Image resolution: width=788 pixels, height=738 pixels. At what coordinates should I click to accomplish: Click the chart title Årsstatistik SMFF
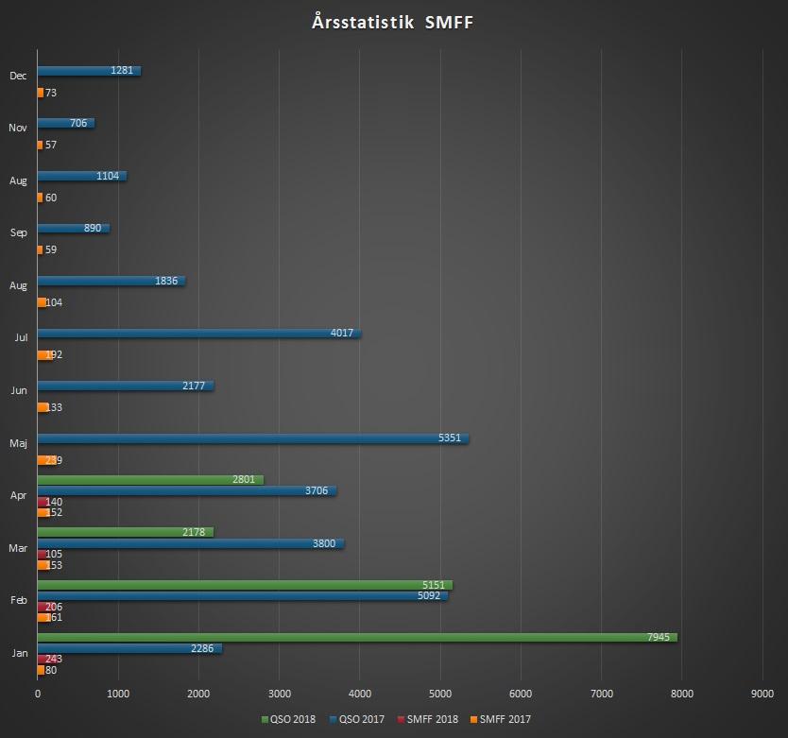(392, 22)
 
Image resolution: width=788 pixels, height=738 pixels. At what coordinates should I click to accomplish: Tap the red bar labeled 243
(43, 660)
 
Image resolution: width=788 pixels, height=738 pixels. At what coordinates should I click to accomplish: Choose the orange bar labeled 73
(41, 93)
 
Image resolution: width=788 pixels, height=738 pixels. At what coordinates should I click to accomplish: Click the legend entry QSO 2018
(289, 719)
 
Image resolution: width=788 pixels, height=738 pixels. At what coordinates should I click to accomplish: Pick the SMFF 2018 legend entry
(430, 719)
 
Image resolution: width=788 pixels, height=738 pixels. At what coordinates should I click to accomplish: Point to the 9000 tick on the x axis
(762, 695)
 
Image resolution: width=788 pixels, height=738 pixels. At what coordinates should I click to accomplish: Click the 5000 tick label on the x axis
(439, 695)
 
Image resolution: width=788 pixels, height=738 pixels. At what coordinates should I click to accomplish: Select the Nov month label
(18, 128)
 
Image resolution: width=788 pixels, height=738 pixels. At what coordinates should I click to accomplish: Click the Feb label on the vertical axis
(18, 599)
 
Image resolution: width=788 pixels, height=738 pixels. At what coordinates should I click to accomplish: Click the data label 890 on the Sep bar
(91, 229)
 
